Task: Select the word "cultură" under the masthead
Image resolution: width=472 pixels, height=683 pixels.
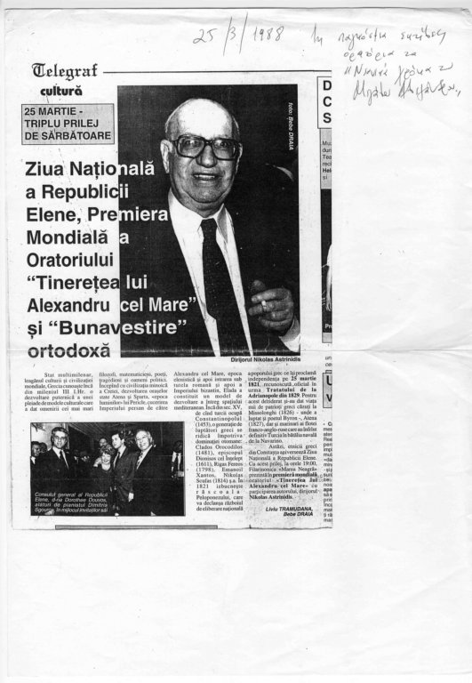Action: tap(60, 91)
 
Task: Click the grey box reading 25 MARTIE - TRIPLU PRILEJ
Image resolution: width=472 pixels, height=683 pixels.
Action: tap(70, 124)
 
